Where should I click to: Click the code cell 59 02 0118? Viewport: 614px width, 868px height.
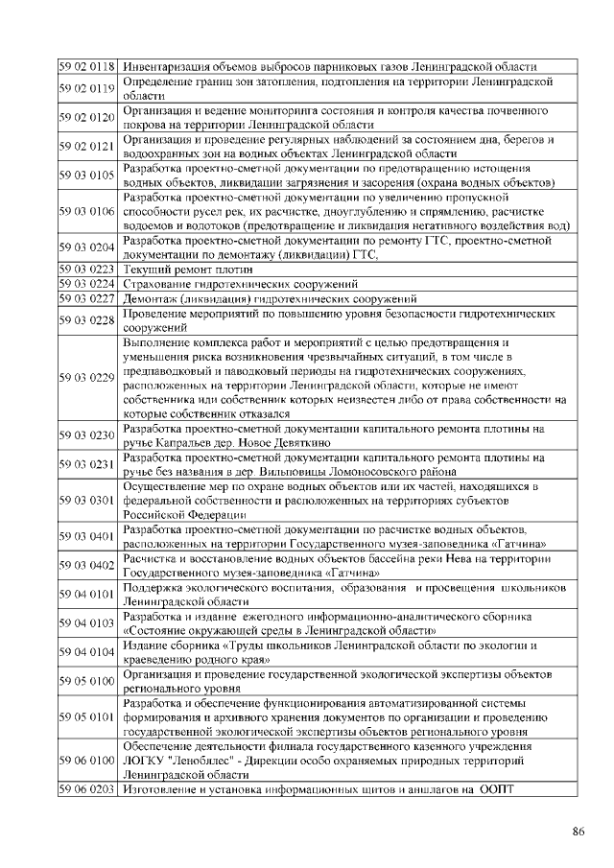point(87,67)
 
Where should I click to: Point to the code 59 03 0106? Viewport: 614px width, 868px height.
point(87,211)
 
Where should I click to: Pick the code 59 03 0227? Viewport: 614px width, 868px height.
point(87,298)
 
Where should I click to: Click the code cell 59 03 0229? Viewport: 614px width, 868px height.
point(87,378)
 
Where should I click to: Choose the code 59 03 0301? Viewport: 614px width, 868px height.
point(87,501)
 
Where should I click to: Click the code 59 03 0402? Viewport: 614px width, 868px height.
point(87,566)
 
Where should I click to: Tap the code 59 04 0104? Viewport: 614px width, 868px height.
point(87,652)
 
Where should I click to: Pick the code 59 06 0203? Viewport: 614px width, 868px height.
point(87,789)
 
